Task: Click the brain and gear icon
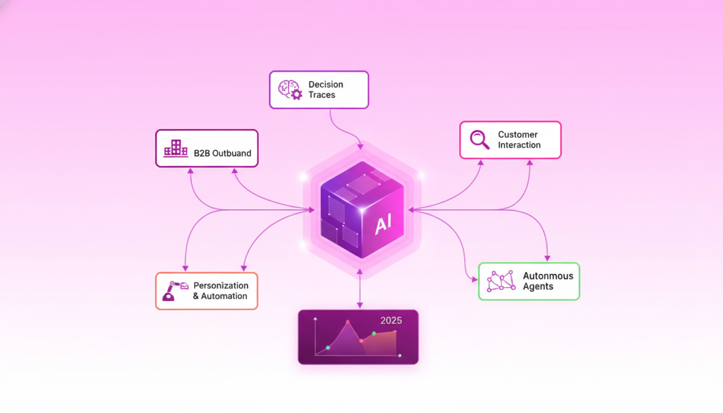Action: [290, 90]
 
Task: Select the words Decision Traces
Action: [325, 90]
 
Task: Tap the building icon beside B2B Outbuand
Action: [176, 148]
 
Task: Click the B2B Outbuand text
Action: [222, 153]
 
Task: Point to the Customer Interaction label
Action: [519, 140]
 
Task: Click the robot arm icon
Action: [175, 291]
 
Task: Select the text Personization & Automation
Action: [221, 291]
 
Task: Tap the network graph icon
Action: [500, 281]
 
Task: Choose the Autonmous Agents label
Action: [548, 281]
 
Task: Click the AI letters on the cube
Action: [384, 225]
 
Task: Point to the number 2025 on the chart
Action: [391, 321]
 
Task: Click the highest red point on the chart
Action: [348, 322]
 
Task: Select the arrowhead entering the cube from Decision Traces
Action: [360, 146]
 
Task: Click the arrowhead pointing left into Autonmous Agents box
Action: [474, 280]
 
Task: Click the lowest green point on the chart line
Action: [328, 348]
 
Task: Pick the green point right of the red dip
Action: [374, 334]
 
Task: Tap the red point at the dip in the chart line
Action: [361, 341]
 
